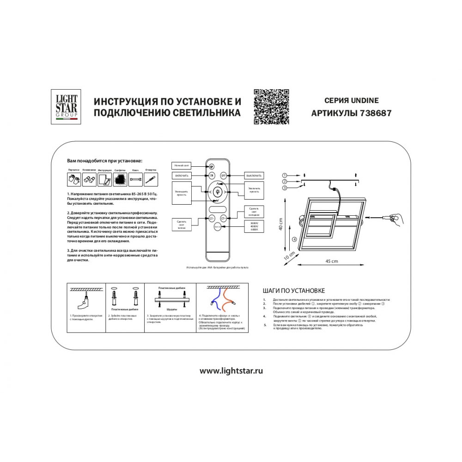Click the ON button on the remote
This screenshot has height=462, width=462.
point(212,176)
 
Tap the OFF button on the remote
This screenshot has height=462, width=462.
point(223,176)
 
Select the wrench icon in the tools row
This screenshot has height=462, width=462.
point(136,178)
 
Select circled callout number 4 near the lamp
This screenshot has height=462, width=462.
point(294,239)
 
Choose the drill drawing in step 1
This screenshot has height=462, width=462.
point(85,302)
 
